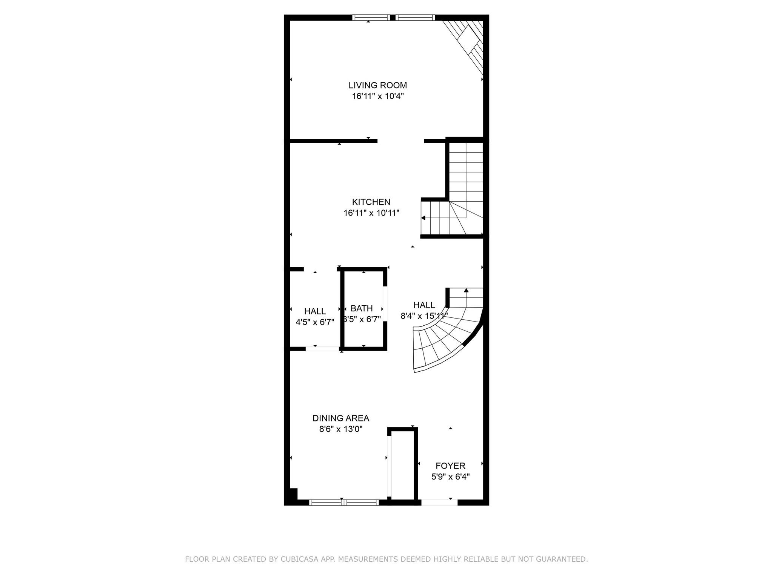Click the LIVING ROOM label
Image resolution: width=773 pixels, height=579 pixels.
378,85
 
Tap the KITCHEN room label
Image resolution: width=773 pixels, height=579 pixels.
371,202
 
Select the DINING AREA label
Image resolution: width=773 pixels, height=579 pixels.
341,418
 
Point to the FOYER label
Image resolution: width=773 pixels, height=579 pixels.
450,466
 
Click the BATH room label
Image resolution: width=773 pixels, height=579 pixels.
362,308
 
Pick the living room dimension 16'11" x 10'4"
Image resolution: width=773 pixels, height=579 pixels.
378,96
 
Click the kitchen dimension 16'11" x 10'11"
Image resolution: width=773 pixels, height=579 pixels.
371,213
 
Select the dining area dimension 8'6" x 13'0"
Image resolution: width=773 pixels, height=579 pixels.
341,429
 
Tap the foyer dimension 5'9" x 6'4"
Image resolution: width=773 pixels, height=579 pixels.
450,477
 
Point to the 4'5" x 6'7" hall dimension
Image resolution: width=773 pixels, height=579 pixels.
315,322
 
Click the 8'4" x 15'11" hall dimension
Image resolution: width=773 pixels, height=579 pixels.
424,316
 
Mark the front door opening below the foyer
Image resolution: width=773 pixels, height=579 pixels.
439,502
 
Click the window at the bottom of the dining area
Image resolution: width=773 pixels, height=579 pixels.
344,502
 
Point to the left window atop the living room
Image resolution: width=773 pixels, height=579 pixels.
371,17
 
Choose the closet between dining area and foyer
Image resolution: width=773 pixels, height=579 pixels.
403,466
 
